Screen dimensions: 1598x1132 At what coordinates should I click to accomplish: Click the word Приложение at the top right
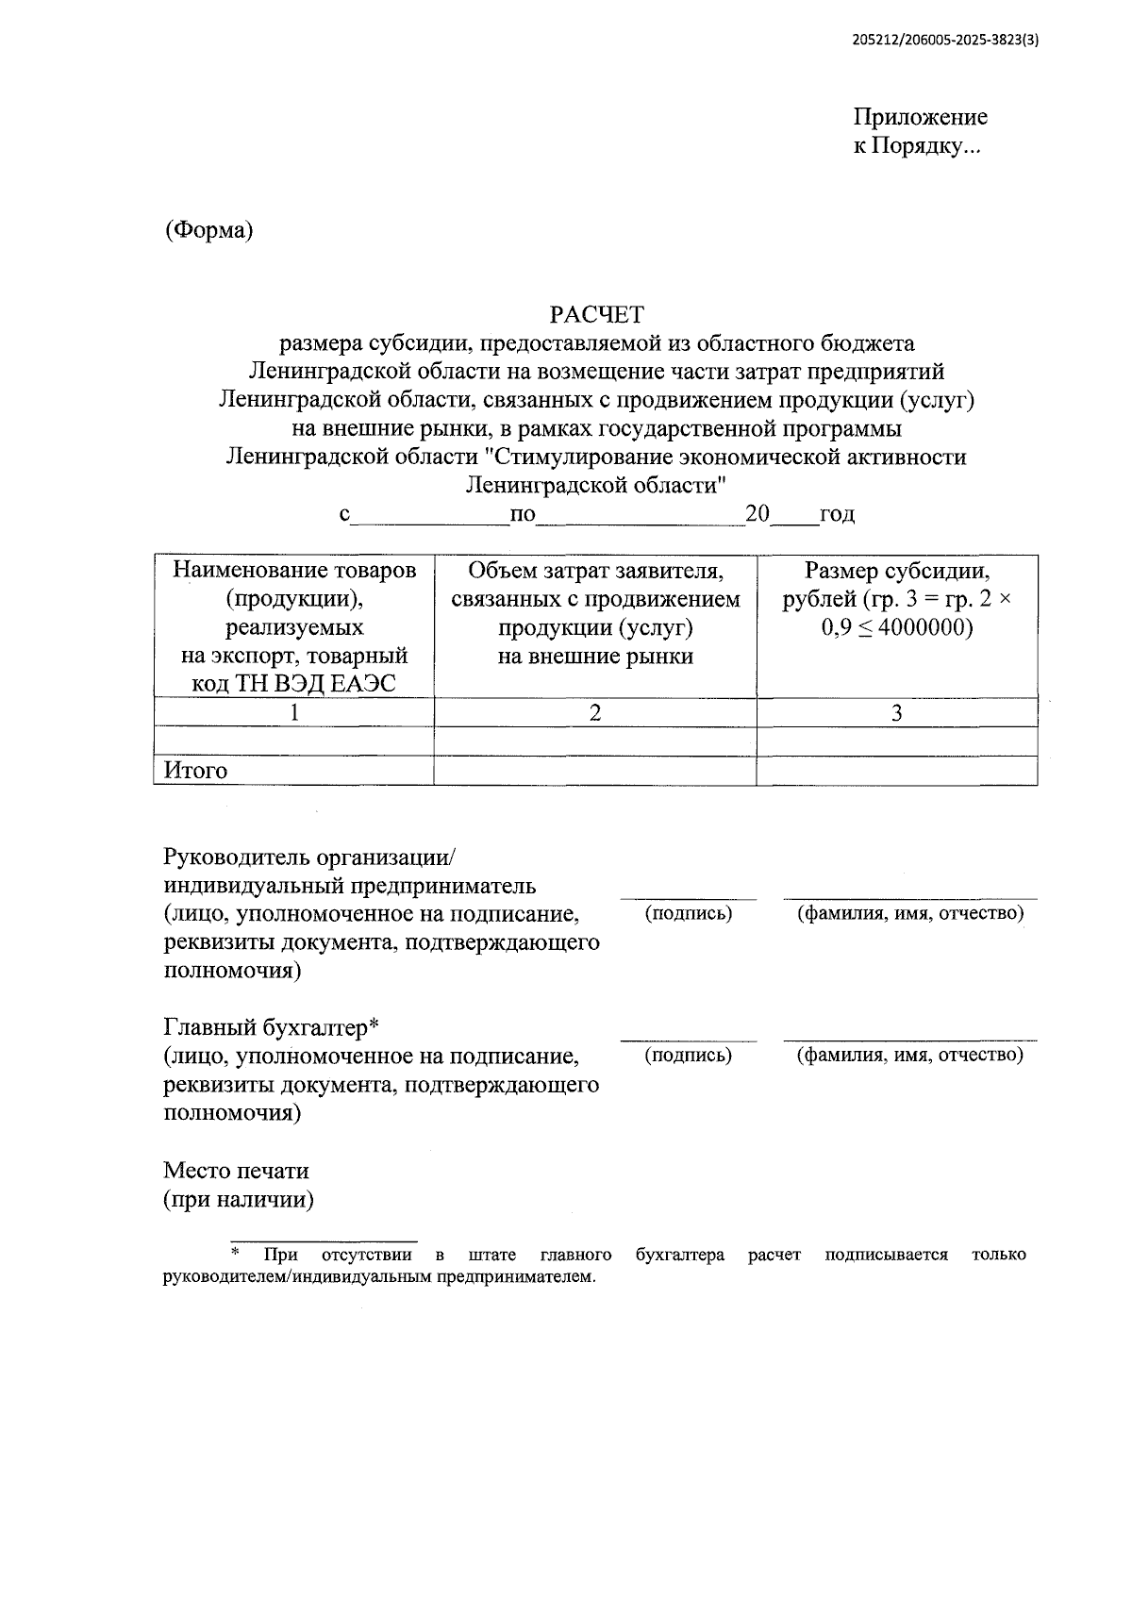920,117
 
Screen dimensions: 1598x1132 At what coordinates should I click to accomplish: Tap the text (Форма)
208,230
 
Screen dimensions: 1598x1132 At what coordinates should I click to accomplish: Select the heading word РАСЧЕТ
596,314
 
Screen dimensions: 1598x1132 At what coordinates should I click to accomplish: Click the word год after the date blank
837,514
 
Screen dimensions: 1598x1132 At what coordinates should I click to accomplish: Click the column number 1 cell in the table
294,713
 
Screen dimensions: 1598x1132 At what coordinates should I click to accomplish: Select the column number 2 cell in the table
594,713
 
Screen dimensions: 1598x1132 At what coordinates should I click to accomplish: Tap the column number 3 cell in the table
896,713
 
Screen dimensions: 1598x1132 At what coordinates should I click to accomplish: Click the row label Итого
196,771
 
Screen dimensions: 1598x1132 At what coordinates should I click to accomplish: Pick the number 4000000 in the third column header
920,627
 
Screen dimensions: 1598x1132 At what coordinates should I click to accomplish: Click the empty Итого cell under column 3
896,771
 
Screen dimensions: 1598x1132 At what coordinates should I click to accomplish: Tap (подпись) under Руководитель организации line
688,913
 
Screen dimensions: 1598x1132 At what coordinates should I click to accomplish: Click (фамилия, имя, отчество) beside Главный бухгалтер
909,1055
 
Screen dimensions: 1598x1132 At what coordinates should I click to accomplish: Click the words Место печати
236,1171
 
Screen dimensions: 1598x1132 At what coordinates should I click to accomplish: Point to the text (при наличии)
239,1200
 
